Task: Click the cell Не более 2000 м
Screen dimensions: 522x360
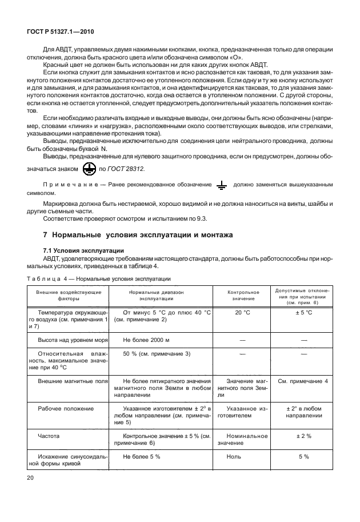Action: coord(145,339)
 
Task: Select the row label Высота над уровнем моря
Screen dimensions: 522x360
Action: coord(69,339)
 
